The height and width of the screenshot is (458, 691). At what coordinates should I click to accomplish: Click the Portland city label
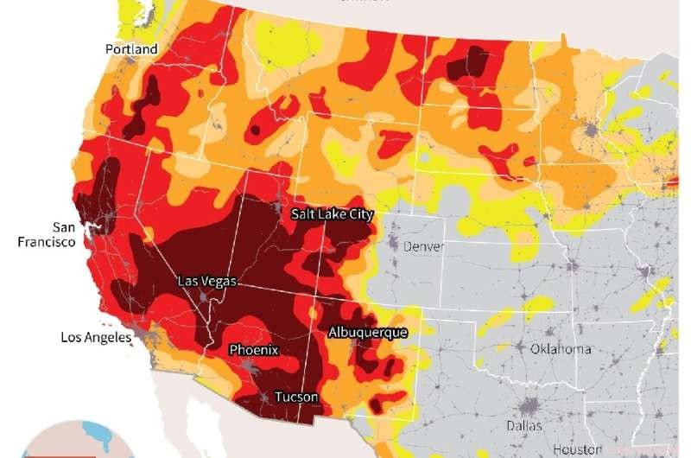[131, 49]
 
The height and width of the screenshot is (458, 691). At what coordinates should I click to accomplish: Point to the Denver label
[424, 246]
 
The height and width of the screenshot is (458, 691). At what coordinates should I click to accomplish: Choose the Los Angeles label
[95, 337]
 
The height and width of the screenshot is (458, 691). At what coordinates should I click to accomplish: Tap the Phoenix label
[253, 350]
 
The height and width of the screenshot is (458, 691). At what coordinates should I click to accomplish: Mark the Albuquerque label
[367, 332]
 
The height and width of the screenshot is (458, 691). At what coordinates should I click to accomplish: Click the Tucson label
[296, 398]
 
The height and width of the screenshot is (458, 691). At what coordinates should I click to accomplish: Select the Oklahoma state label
[561, 349]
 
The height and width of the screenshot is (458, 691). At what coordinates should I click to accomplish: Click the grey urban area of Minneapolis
[593, 132]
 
